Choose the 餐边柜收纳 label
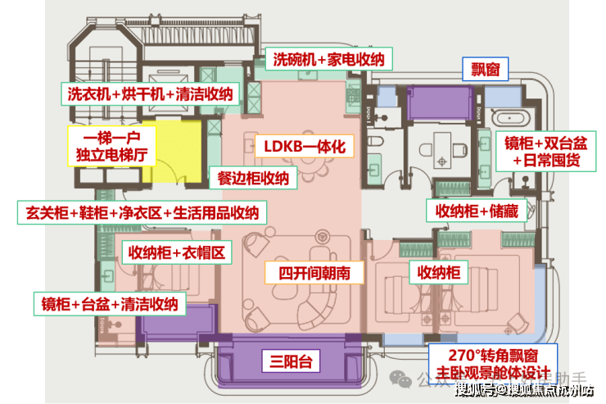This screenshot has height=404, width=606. pyautogui.click(x=252, y=178)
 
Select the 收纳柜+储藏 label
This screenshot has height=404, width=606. pyautogui.click(x=477, y=211)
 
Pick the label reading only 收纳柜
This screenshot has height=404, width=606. pyautogui.click(x=438, y=271)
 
